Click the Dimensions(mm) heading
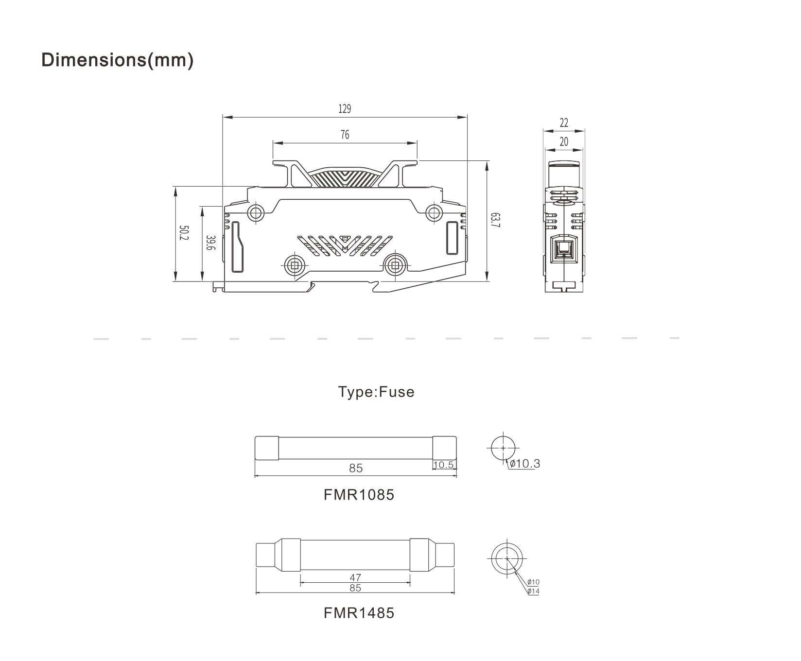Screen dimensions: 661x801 (117, 60)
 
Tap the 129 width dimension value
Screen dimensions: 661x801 (345, 109)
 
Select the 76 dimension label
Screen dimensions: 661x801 (345, 135)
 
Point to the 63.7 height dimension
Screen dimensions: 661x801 (494, 220)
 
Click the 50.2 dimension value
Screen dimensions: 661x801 (183, 233)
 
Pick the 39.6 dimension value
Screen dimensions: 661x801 (210, 243)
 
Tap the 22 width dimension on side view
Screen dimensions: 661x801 (564, 123)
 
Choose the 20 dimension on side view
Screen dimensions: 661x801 (564, 142)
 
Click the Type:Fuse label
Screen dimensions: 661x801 (376, 392)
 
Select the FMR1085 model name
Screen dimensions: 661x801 (359, 495)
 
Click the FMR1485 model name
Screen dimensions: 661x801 (359, 613)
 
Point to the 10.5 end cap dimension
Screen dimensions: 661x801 (443, 465)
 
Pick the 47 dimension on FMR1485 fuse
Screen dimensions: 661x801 (355, 577)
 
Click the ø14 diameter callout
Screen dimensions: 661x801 (533, 591)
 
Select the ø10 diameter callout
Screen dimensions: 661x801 (533, 582)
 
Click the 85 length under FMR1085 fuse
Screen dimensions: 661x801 (356, 468)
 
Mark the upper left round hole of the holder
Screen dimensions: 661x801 (256, 212)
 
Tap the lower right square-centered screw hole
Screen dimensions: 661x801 (395, 265)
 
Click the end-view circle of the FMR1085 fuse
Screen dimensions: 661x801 (503, 448)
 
